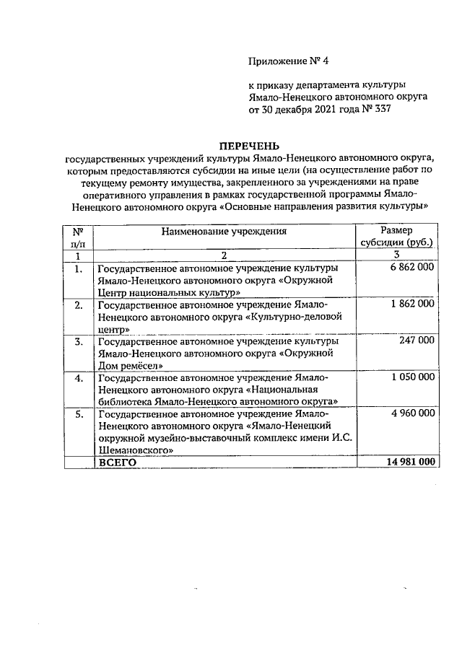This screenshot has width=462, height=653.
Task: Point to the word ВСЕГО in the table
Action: tap(118, 462)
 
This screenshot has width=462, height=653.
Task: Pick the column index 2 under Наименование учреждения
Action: tap(224, 255)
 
